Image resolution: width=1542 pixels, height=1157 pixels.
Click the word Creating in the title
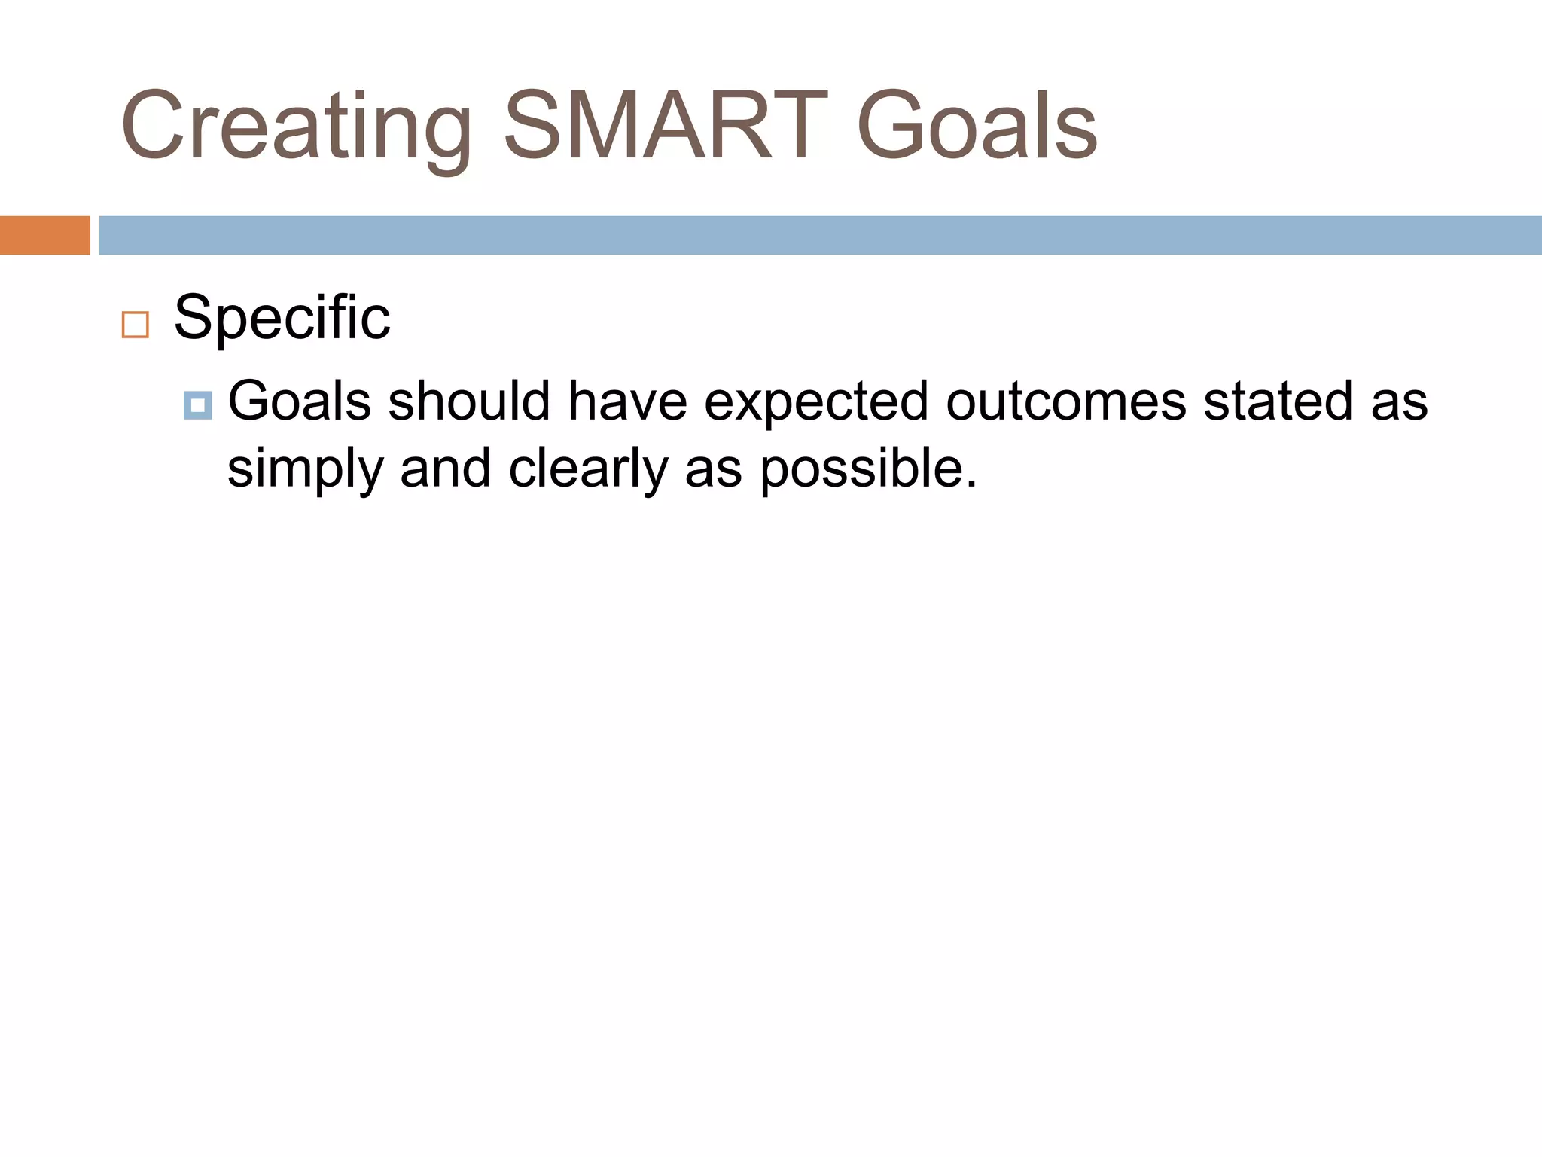(x=296, y=126)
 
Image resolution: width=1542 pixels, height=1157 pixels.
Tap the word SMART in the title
(x=666, y=126)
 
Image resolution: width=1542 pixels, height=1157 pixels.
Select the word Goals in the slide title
(x=977, y=126)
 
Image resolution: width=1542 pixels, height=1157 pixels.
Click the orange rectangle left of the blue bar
(x=44, y=235)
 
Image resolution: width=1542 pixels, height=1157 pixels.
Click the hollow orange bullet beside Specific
(x=136, y=325)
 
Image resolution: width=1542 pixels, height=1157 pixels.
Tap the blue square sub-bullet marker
(x=197, y=405)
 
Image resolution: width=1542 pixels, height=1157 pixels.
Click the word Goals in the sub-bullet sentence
(x=299, y=401)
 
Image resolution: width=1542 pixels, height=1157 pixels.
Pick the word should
(x=469, y=401)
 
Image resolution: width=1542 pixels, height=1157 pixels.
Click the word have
(x=626, y=401)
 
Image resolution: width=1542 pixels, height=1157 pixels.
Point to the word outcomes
(x=1065, y=401)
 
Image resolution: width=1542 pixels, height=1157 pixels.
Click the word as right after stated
(x=1399, y=402)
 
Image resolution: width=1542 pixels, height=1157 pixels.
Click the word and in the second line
(x=445, y=467)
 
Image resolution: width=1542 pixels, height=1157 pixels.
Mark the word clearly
(x=587, y=469)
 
